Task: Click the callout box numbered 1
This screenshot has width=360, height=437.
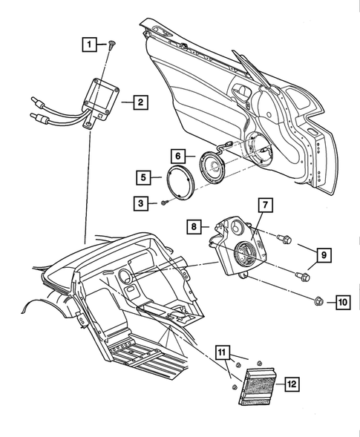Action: click(90, 45)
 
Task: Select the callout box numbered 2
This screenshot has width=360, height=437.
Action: click(140, 102)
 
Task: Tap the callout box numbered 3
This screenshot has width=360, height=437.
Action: click(141, 203)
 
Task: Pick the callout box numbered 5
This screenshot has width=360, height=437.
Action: click(143, 177)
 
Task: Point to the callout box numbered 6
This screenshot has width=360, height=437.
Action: click(178, 156)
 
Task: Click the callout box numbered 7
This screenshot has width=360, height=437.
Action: click(265, 205)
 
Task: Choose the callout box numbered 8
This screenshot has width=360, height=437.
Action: click(194, 226)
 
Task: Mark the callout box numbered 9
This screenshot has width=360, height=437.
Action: click(324, 255)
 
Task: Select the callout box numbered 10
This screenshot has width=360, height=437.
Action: click(343, 302)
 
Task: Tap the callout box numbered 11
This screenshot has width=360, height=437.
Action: click(222, 352)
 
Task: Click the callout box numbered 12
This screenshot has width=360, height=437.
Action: click(292, 384)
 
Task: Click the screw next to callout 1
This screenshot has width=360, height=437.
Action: click(112, 45)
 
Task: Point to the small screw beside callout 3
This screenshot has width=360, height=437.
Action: click(164, 203)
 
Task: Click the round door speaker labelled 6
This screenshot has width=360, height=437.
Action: click(212, 167)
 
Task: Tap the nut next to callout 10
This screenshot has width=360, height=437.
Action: click(318, 301)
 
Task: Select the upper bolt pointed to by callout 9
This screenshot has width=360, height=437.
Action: click(284, 239)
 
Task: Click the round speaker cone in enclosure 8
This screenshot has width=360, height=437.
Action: click(246, 254)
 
